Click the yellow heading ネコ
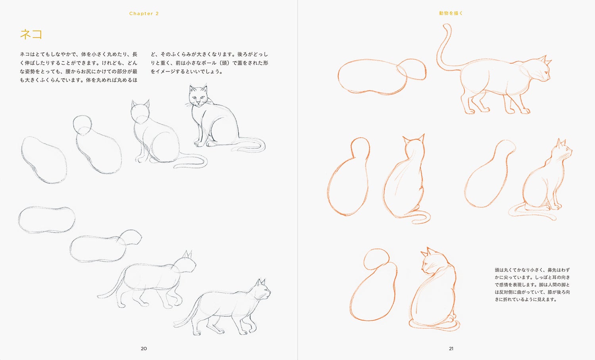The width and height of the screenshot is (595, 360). click(31, 34)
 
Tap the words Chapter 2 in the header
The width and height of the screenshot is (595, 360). click(144, 13)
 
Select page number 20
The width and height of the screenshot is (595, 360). click(144, 348)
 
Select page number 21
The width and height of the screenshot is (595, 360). click(451, 348)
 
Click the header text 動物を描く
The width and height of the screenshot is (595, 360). click(451, 13)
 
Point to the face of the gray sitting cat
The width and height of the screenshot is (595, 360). click(198, 96)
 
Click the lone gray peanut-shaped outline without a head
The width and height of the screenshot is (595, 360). click(47, 219)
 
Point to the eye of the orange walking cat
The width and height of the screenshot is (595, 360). click(545, 72)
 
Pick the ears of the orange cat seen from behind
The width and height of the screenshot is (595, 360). click(413, 139)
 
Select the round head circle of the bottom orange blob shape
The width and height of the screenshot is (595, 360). click(376, 260)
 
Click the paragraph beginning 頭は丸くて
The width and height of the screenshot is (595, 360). click(532, 285)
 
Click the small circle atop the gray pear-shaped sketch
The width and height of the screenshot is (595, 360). click(83, 125)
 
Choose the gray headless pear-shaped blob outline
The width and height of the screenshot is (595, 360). click(44, 160)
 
